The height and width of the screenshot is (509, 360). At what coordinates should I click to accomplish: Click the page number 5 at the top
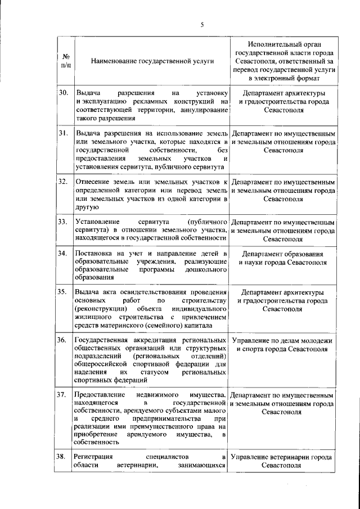[201, 23]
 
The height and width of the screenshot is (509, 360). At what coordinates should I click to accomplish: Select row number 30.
[63, 93]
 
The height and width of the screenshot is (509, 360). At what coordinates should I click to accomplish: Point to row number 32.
[63, 181]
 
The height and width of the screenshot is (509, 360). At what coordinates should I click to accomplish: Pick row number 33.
[63, 222]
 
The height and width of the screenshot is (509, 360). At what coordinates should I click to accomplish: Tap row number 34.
[63, 254]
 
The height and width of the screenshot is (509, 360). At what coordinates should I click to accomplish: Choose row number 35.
[63, 293]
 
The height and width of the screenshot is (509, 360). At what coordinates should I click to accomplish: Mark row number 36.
[63, 341]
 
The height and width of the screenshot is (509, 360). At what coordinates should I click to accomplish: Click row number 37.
[63, 396]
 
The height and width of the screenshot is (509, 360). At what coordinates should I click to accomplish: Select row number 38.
[63, 456]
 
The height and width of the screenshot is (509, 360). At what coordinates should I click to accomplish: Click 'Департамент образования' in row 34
[283, 254]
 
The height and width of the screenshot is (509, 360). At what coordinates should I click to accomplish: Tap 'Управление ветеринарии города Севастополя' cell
[283, 461]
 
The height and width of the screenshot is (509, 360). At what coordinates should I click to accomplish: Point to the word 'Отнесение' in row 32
[92, 181]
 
